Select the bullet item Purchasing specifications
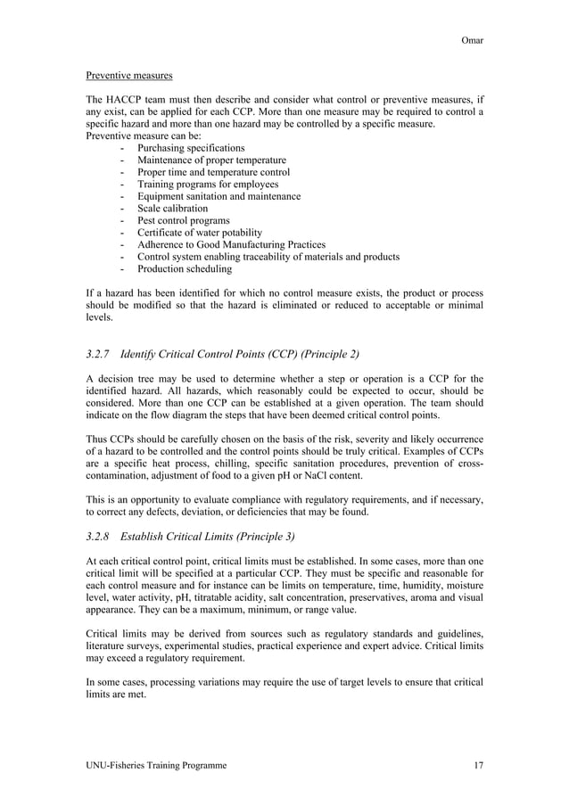click(x=191, y=147)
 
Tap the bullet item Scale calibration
click(x=172, y=208)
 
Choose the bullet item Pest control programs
click(x=183, y=220)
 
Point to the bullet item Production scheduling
click(x=184, y=268)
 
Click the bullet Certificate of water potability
click(x=200, y=233)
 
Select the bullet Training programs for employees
click(x=208, y=184)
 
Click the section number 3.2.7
click(x=100, y=354)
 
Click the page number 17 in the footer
click(x=477, y=766)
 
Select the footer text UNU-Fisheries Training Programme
click(x=156, y=766)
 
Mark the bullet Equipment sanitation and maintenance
click(x=219, y=196)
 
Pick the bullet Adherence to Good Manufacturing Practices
click(x=231, y=244)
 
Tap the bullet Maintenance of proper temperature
click(x=211, y=160)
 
